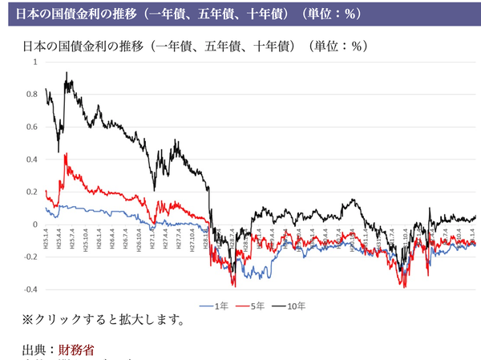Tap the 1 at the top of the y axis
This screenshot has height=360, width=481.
point(35,62)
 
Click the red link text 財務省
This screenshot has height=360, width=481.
point(79,350)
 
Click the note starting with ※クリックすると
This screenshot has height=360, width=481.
point(104,322)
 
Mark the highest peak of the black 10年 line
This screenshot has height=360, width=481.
point(67,74)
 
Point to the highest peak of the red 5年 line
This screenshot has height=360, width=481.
point(66,153)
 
